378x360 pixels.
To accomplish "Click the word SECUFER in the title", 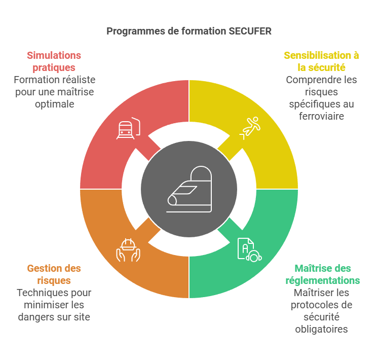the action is click(250, 31).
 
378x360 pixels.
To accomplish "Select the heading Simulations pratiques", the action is click(54, 61).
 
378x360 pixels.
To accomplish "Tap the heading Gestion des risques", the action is click(54, 274).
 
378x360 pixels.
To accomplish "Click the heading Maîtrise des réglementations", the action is click(323, 274).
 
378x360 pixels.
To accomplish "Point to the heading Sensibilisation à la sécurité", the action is click(321, 61).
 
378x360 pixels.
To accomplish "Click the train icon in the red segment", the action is click(128, 128).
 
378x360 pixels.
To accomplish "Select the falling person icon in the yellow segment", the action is click(250, 128).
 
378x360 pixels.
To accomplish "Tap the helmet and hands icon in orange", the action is click(128, 250).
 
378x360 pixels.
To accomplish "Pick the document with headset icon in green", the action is click(250, 250).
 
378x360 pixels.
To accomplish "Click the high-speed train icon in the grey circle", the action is click(189, 189).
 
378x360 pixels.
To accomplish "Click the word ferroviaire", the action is click(321, 116).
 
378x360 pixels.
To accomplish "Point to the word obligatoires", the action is click(321, 330).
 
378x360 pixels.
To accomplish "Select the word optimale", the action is click(55, 104).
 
